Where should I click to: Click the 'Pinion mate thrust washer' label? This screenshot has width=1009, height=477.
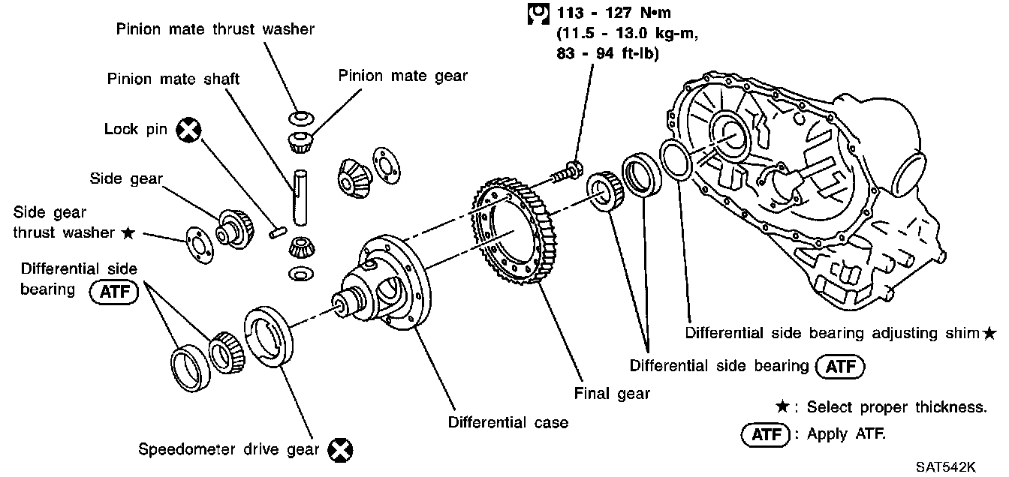click(x=215, y=29)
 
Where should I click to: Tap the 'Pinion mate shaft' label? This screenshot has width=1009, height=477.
click(x=173, y=79)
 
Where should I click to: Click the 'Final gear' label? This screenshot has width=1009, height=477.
click(x=612, y=393)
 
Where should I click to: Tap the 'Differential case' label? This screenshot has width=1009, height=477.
click(x=508, y=422)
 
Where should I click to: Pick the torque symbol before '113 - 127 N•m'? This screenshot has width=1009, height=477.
click(x=538, y=13)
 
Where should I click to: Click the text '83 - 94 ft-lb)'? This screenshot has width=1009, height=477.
click(x=607, y=54)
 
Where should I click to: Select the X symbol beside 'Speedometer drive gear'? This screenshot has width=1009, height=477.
click(x=342, y=450)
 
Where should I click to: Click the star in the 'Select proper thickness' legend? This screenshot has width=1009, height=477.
click(x=782, y=407)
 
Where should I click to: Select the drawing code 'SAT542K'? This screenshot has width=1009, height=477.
click(x=945, y=466)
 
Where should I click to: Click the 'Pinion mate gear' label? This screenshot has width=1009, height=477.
click(x=402, y=76)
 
